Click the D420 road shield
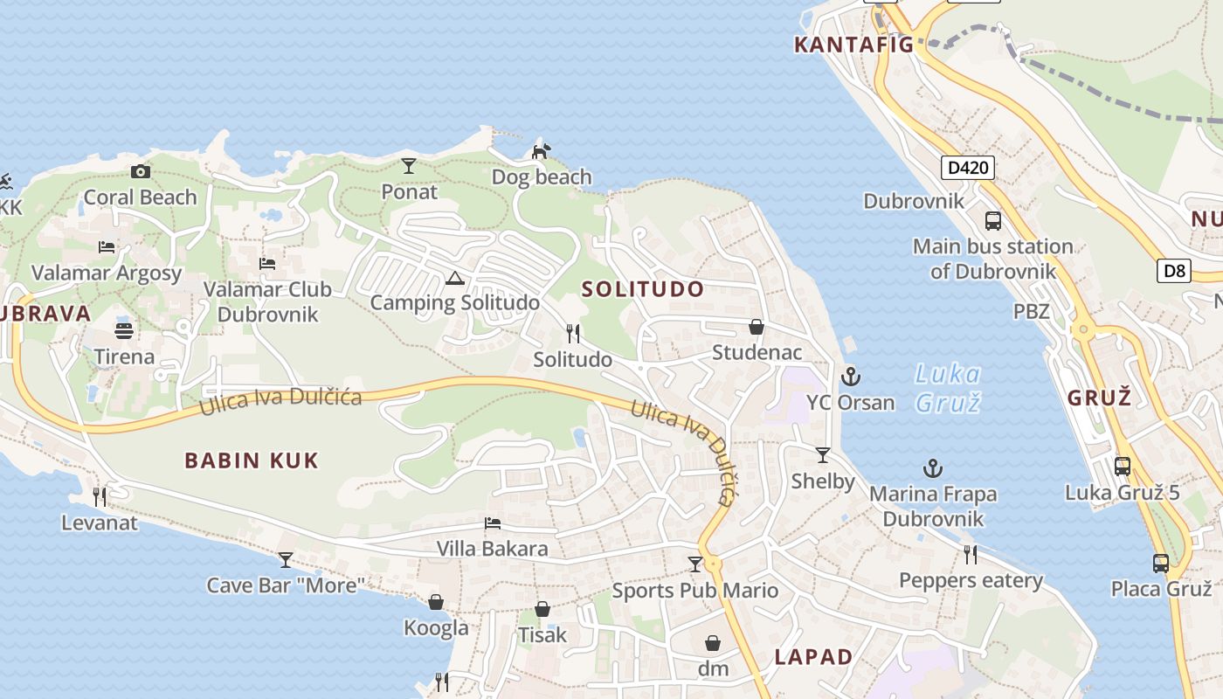[x=968, y=167]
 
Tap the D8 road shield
[x=1175, y=271]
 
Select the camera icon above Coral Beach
[x=140, y=171]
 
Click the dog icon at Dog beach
[x=542, y=151]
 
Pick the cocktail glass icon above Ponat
[x=409, y=165]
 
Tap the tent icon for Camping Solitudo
[x=454, y=279]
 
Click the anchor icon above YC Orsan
[x=850, y=377]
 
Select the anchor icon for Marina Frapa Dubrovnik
[x=933, y=468]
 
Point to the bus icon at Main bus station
[x=993, y=220]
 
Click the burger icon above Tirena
[x=124, y=330]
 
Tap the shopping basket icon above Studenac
[x=757, y=327]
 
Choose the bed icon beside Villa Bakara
[x=493, y=523]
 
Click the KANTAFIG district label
[x=853, y=45]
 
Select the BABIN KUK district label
[x=252, y=460]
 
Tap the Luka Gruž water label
[x=948, y=388]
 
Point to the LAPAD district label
[x=813, y=657]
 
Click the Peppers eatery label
[x=971, y=580]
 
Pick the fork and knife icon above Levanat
[x=100, y=496]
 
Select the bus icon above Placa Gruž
[x=1160, y=564]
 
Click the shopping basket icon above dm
[x=713, y=643]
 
